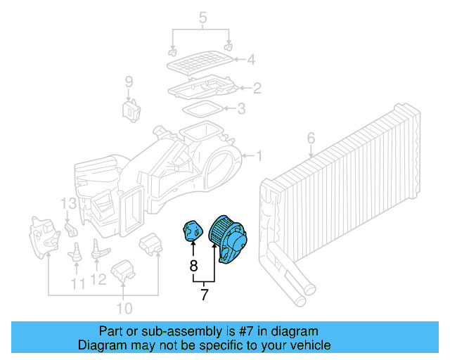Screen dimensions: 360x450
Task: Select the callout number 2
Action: click(x=257, y=88)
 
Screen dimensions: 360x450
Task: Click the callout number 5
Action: click(x=202, y=15)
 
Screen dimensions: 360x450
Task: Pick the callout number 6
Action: click(x=311, y=138)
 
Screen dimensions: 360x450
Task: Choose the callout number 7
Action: click(x=204, y=295)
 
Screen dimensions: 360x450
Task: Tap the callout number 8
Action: click(x=193, y=266)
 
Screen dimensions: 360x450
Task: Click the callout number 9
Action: click(x=129, y=83)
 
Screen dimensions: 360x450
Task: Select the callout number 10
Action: click(x=124, y=308)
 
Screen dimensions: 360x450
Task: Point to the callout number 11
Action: click(x=77, y=283)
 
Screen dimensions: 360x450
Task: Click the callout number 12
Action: click(x=98, y=279)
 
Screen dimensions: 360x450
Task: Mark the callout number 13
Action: click(x=67, y=205)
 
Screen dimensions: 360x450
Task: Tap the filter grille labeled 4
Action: click(x=200, y=63)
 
